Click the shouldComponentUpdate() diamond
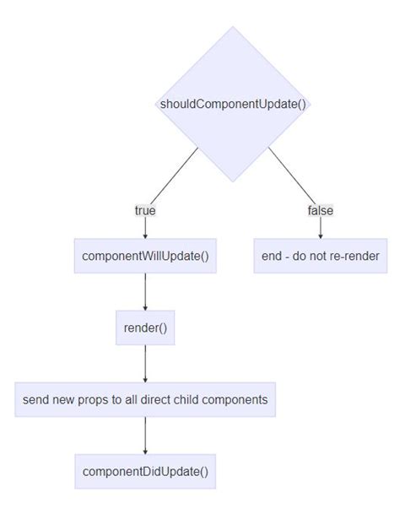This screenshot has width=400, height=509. tap(232, 104)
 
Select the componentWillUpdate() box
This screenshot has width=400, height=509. tap(145, 256)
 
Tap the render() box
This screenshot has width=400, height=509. tap(145, 328)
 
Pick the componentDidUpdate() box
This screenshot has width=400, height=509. tap(145, 471)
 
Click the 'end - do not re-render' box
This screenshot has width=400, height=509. tap(320, 256)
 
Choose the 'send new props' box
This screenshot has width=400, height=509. tap(145, 399)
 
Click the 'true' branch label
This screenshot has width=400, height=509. tap(145, 210)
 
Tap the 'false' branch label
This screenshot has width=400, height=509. tap(320, 210)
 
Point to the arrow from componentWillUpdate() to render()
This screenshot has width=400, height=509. tap(145, 291)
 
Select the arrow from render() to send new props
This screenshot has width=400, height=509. tap(145, 363)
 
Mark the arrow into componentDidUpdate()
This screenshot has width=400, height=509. tap(145, 435)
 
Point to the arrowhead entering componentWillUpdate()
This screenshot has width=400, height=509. tap(145, 236)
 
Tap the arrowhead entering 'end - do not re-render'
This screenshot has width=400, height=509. tap(320, 236)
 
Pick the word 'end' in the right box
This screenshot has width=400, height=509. tap(273, 256)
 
